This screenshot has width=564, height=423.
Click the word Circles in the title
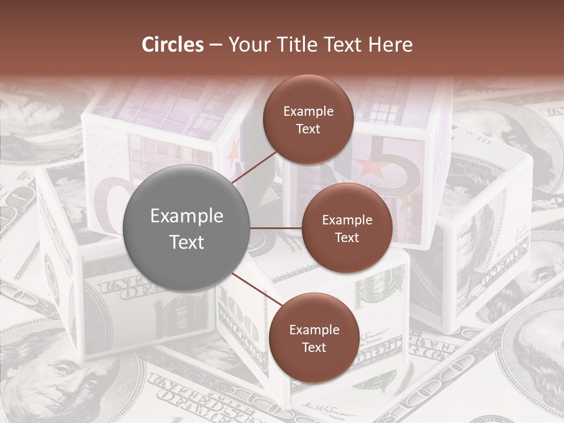tap(172, 45)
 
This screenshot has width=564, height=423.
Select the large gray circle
tap(187, 228)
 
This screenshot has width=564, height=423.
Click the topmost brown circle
tap(308, 119)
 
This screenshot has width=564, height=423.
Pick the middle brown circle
tap(347, 228)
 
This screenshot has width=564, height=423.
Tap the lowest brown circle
tap(314, 338)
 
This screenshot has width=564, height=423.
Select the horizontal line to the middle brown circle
tap(276, 228)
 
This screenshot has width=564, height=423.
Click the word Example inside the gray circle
tap(187, 216)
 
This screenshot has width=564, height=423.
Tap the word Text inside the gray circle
tap(187, 242)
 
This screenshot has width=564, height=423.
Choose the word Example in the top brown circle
tap(308, 111)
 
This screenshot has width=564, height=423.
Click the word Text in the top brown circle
tap(308, 129)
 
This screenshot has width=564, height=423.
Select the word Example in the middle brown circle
tap(347, 220)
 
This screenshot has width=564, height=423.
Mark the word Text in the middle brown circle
tap(347, 237)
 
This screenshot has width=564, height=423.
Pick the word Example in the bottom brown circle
tap(314, 330)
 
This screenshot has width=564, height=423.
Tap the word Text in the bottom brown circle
tap(314, 347)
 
